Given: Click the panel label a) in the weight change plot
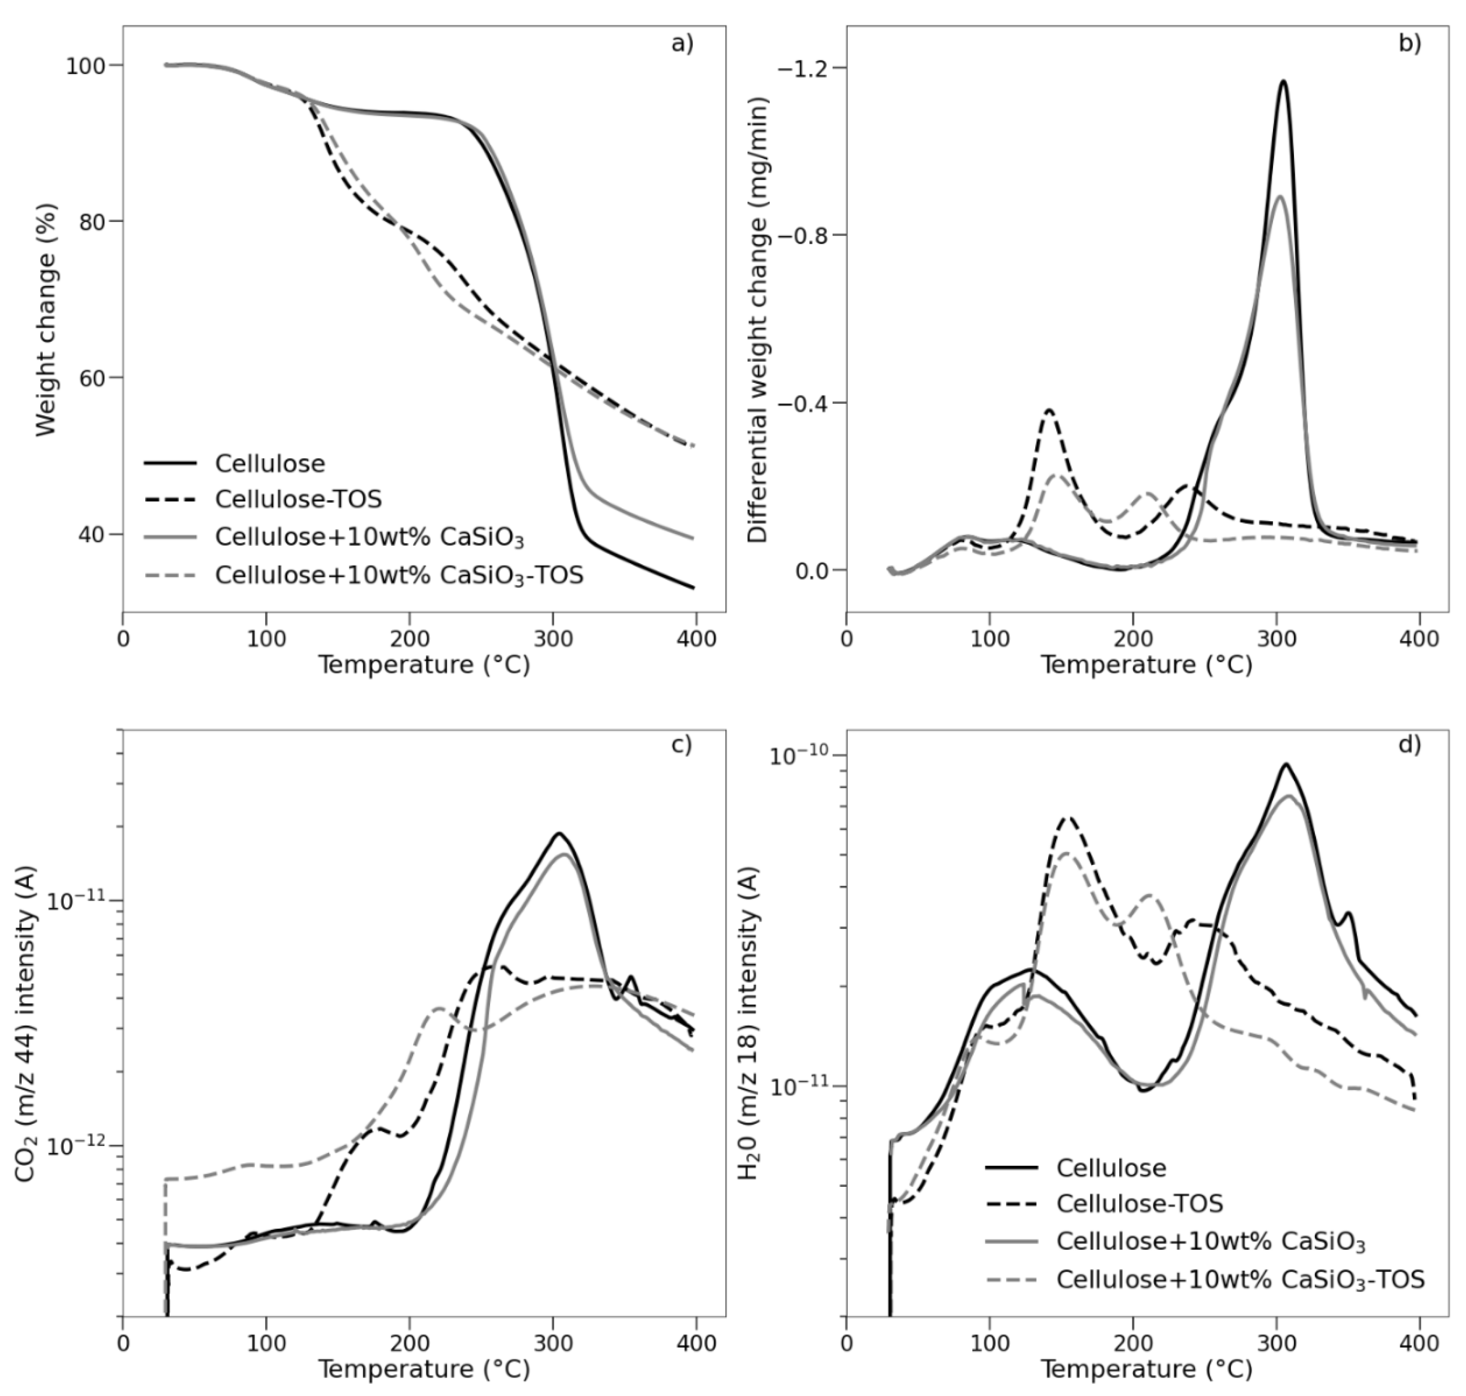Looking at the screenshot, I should [x=681, y=44].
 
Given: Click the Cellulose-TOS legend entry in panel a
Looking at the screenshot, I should [x=298, y=499].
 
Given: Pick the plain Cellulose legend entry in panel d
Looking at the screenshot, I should [x=1111, y=1167].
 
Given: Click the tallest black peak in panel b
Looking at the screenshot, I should [x=1283, y=82].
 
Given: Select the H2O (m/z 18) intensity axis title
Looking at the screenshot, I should [x=748, y=1024].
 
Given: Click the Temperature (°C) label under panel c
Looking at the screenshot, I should [x=424, y=1369].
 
